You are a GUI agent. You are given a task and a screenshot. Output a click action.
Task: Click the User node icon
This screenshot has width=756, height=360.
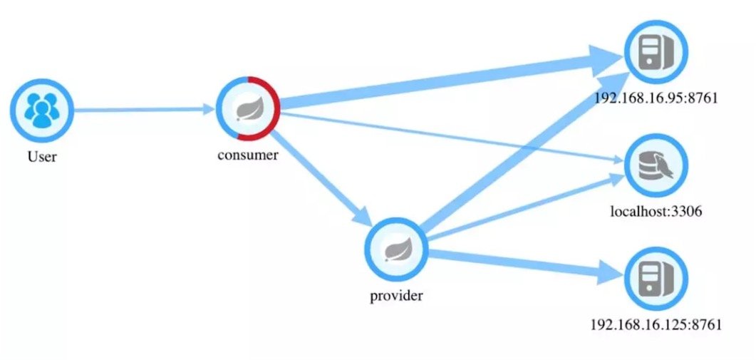pos(41,110)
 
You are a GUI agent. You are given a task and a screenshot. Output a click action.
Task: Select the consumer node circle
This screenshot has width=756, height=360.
pos(249,108)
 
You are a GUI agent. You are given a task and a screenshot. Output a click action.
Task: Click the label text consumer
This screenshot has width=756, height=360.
pos(248,155)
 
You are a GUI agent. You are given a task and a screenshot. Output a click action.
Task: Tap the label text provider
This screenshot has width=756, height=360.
pos(396,296)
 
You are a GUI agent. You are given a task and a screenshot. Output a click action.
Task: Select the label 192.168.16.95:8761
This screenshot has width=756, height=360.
pos(655,98)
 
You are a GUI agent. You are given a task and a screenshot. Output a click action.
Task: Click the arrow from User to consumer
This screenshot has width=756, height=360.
pos(143,110)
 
